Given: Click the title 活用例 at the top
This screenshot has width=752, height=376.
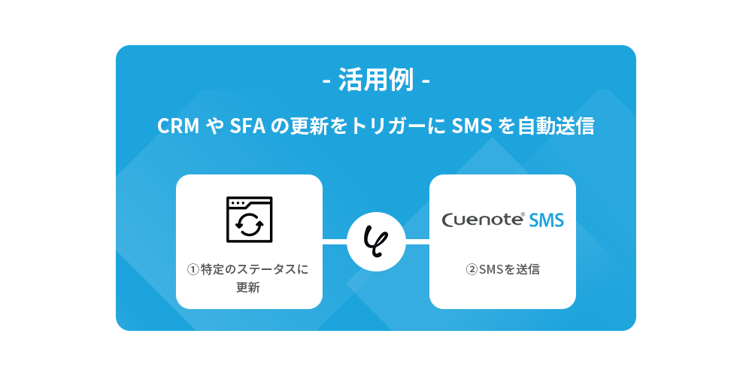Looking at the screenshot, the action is click(375, 80).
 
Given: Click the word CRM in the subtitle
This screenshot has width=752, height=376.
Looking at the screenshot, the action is click(177, 126).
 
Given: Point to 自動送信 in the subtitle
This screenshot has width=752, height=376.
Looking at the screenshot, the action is click(556, 126).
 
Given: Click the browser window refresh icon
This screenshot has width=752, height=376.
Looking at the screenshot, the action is click(249, 219).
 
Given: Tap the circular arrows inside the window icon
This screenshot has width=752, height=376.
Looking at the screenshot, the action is click(249, 223).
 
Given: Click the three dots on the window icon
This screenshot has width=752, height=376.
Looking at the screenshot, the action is click(238, 203).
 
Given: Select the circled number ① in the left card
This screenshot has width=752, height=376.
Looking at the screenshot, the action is click(193, 269).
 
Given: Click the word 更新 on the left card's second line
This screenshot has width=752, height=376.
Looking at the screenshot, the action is click(249, 287).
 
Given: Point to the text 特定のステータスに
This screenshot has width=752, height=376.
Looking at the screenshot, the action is click(255, 269).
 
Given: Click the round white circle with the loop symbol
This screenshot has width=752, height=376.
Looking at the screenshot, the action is click(376, 241).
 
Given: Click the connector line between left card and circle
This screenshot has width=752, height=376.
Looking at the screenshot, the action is click(335, 241).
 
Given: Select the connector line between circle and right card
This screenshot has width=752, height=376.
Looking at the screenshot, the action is click(417, 241).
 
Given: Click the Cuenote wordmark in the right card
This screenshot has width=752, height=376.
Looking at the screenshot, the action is click(483, 220).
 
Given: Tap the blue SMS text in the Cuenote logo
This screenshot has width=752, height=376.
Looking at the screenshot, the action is click(546, 220).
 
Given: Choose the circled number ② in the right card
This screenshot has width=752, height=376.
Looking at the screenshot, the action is click(472, 269).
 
